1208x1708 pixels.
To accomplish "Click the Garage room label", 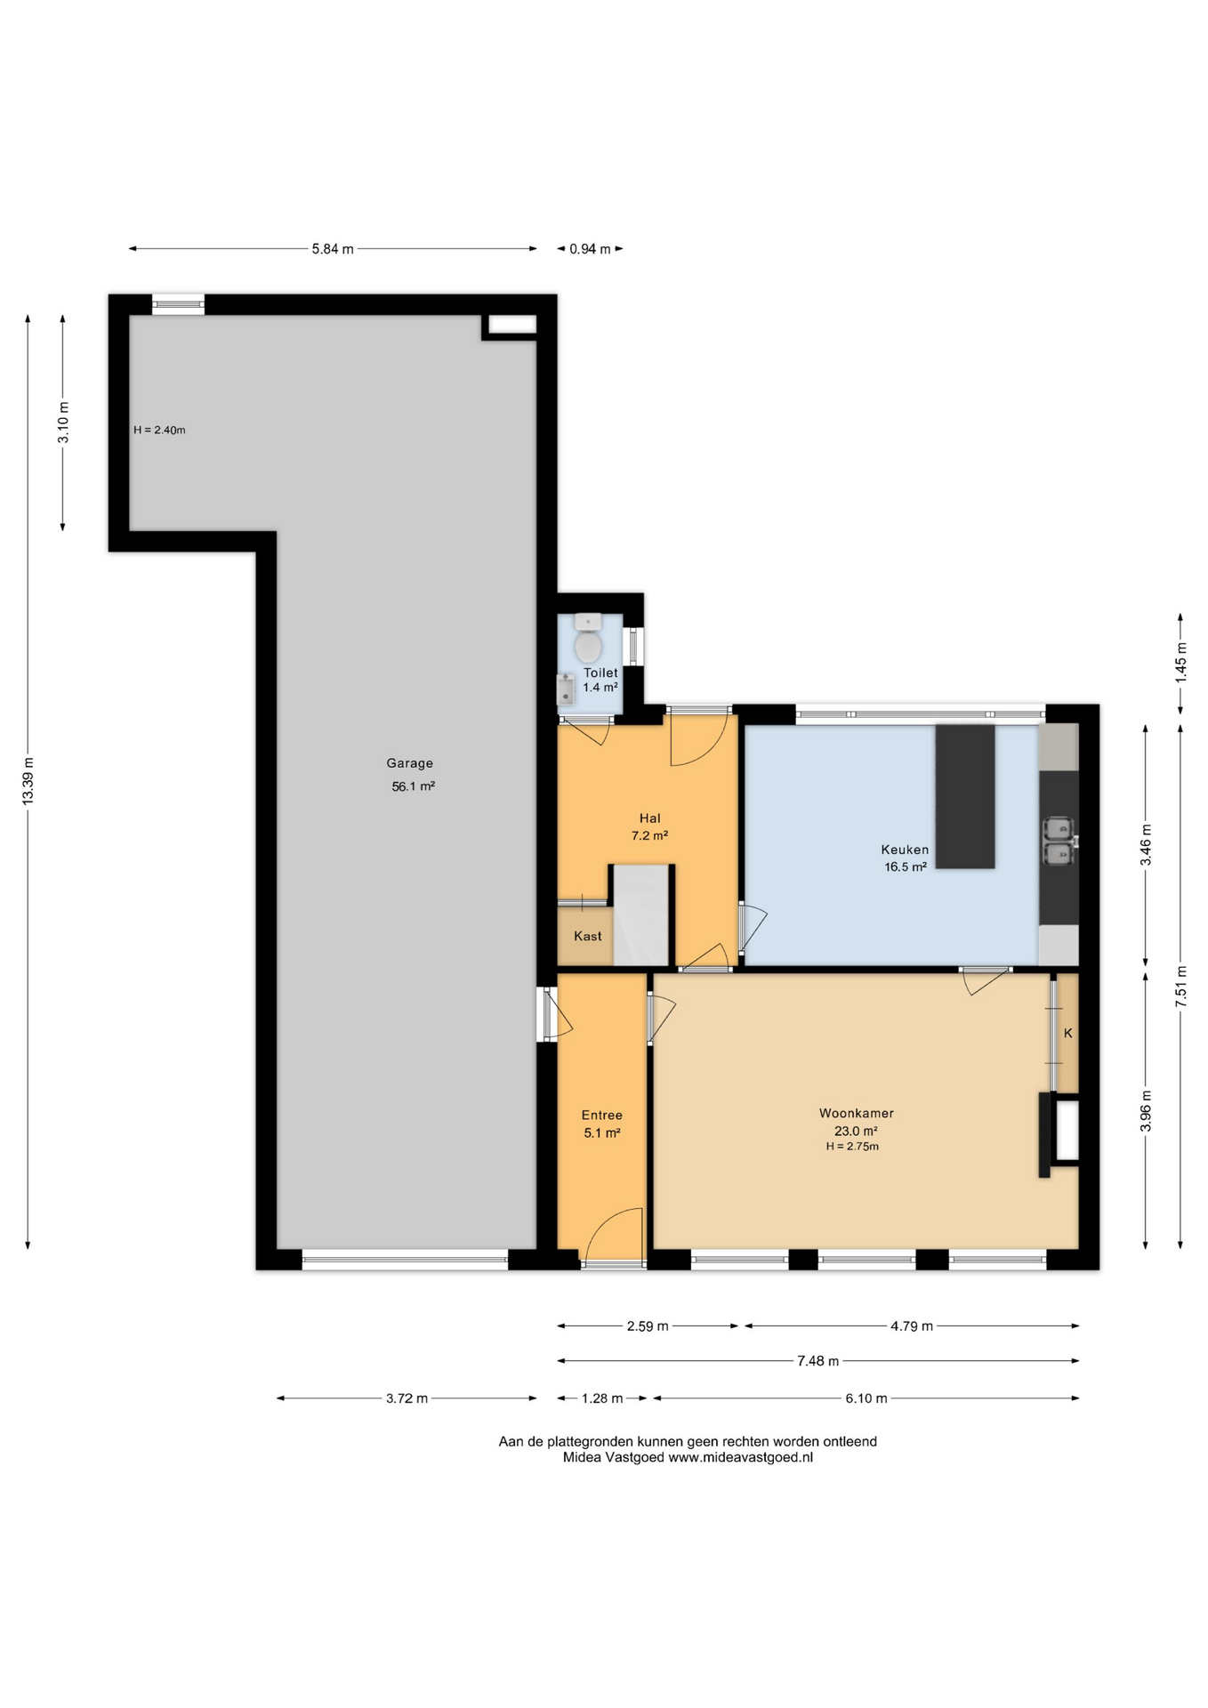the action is click(409, 763).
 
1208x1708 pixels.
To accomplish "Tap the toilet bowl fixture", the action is click(588, 640).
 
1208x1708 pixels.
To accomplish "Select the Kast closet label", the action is click(587, 936).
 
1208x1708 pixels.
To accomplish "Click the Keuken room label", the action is click(905, 850).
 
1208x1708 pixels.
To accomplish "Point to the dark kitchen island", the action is click(965, 796).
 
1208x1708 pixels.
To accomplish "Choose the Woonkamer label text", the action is click(856, 1113).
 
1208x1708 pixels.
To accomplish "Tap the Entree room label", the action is click(601, 1116).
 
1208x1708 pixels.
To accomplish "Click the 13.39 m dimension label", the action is click(28, 781).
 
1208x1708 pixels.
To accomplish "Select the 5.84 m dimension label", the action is click(333, 249).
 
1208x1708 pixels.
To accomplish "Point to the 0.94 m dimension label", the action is click(590, 249).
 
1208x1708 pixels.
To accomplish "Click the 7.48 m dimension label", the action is click(817, 1361).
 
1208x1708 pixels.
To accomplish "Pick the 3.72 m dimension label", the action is click(407, 1398).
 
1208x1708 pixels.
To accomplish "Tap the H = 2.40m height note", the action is click(159, 431).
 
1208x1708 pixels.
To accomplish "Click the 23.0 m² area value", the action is click(855, 1132).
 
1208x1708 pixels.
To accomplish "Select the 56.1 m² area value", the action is click(413, 786).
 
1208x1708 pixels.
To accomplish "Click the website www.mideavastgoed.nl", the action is click(740, 1457).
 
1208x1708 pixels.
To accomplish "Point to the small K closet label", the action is click(1067, 1034).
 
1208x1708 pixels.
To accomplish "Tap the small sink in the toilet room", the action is click(565, 689).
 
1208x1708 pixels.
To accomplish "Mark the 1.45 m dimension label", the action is click(1180, 663).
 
